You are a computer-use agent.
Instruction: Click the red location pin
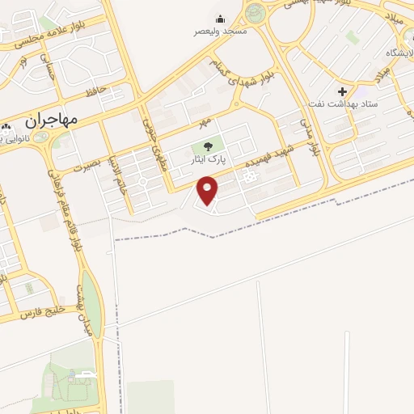pyautogui.click(x=209, y=190)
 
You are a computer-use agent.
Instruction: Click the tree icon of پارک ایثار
pyautogui.click(x=209, y=147)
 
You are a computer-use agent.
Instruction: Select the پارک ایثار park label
pyautogui.click(x=209, y=161)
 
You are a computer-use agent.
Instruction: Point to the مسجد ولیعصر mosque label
pyautogui.click(x=220, y=31)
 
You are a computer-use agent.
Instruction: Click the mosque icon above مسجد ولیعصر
pyautogui.click(x=220, y=19)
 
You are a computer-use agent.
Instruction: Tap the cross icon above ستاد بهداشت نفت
pyautogui.click(x=344, y=92)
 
